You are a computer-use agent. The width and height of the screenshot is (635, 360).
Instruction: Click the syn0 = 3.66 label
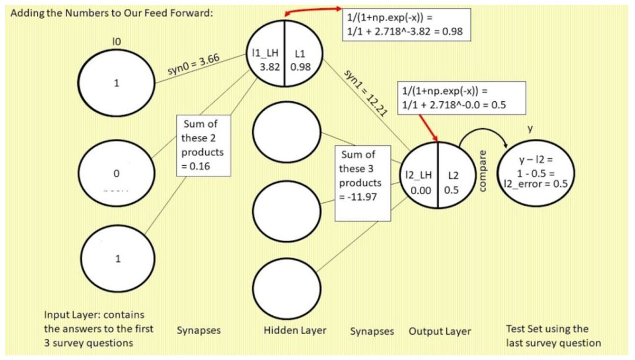[194, 68]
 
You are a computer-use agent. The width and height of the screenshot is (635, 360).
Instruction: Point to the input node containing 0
[116, 174]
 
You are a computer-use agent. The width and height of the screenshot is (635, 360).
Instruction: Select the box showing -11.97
[363, 182]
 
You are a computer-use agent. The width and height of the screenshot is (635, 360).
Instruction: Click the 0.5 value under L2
[452, 191]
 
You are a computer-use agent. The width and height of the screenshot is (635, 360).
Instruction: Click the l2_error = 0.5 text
[536, 183]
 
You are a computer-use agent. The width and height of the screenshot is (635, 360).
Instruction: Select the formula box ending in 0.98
[407, 24]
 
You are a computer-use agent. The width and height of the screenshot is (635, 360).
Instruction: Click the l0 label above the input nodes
[116, 41]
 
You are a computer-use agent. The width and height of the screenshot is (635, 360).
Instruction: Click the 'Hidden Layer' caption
[295, 330]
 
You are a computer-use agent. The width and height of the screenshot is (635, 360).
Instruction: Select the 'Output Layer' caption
[440, 331]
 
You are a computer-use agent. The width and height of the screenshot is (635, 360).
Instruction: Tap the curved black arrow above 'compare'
[482, 134]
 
